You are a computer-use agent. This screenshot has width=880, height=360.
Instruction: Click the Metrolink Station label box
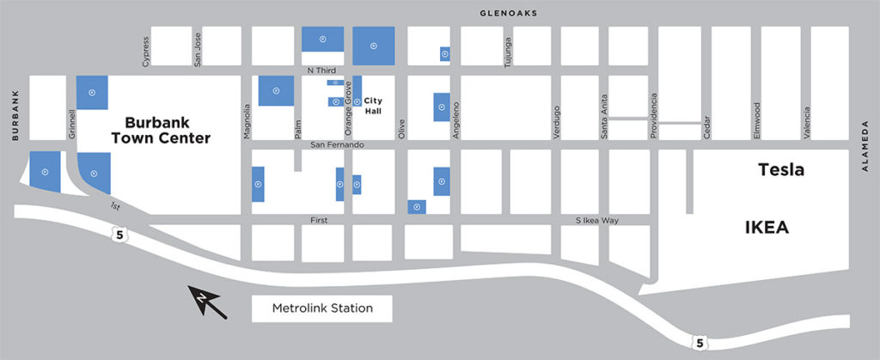(x=322, y=308)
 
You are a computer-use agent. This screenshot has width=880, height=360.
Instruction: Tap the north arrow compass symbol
(x=209, y=302)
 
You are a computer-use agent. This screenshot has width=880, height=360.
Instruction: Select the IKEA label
(x=766, y=228)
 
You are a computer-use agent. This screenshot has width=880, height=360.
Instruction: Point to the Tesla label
(x=780, y=170)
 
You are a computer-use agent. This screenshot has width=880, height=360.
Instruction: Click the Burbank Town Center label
(x=167, y=130)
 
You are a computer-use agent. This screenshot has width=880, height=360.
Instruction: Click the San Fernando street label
(x=338, y=144)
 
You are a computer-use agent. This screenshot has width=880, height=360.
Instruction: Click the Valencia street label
(x=806, y=121)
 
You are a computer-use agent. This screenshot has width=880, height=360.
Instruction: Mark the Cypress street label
(x=145, y=51)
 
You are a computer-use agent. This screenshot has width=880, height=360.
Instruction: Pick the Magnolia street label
(x=247, y=121)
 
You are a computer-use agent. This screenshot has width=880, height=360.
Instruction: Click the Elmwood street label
(x=757, y=121)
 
